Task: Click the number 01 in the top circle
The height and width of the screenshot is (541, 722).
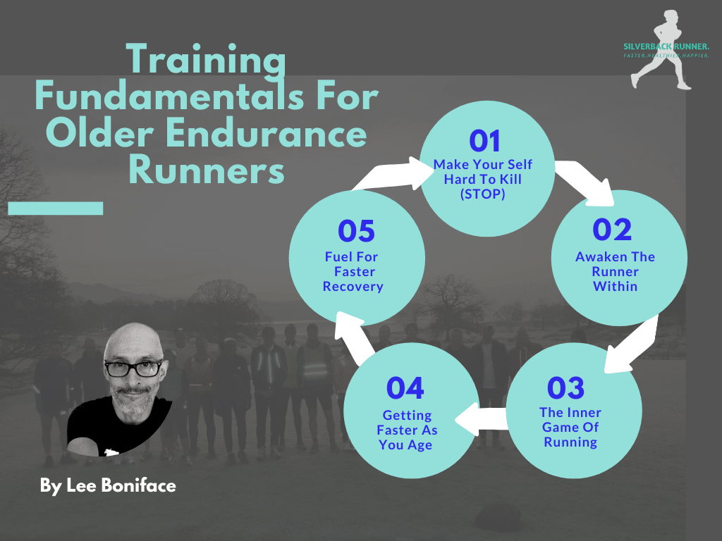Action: pos(484,141)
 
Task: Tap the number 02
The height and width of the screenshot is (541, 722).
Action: pos(612,230)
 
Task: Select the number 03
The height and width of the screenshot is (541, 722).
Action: pos(566,388)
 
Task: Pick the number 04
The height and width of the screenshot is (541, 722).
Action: pos(405,388)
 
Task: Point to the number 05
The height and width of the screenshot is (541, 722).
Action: pos(356,231)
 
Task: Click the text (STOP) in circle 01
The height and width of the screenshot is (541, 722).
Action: pos(482,194)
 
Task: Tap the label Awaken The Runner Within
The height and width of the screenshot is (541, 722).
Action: pos(615,271)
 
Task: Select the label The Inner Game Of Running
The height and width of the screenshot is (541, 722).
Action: pos(570,427)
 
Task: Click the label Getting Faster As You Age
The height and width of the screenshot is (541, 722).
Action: pos(407,430)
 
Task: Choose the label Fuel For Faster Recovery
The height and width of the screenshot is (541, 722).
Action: pos(353,271)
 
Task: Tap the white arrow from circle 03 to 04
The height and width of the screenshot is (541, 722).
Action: pos(481,418)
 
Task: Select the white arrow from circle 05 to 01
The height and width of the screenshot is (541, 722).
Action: pos(391,175)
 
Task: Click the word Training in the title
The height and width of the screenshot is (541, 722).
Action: pos(206,60)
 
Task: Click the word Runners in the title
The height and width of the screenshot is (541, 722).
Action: pos(207,170)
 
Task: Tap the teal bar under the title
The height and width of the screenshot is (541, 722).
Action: pos(55,209)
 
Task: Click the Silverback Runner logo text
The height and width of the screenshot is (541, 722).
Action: pos(666,46)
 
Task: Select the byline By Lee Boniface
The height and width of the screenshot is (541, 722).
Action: pos(108,486)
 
